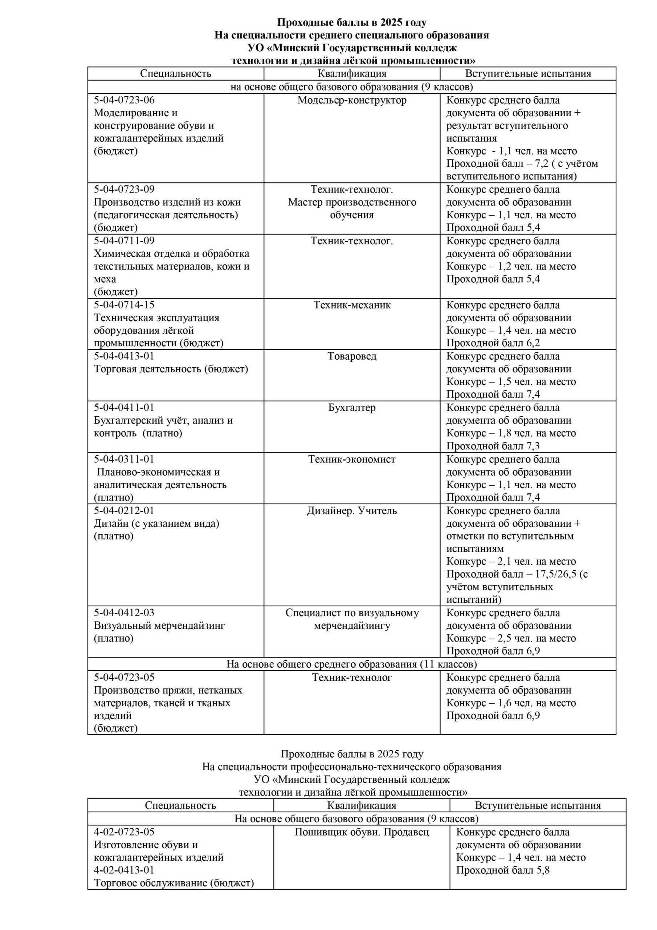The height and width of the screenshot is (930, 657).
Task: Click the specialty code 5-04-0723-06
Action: tap(124, 100)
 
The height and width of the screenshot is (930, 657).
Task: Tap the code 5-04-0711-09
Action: tap(124, 240)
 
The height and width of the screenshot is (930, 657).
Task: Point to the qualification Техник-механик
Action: tap(352, 305)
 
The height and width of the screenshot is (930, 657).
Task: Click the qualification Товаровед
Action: tap(352, 356)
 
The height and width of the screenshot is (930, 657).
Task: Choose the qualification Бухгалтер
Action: tap(352, 408)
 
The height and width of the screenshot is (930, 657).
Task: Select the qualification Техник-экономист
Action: tap(352, 459)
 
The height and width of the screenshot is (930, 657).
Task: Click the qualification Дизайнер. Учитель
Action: tap(352, 511)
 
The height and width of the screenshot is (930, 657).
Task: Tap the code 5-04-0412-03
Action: tap(124, 613)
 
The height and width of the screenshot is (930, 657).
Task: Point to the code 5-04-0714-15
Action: tap(124, 305)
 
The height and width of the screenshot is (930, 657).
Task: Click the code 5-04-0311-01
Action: tap(124, 459)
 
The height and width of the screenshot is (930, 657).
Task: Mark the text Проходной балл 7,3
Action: tap(493, 446)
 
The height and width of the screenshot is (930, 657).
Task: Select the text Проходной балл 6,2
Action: tap(493, 343)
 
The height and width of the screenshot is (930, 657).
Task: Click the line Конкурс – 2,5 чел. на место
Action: tap(511, 638)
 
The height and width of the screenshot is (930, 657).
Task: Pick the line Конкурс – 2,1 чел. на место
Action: tap(511, 562)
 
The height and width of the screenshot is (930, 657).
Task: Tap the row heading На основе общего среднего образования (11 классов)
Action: tap(351, 664)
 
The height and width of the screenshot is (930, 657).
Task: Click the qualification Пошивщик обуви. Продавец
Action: tap(362, 832)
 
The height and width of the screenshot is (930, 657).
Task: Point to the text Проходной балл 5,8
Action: tap(502, 870)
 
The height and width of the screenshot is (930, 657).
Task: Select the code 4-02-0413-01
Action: tap(124, 870)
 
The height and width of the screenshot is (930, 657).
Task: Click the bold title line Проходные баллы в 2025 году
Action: tap(351, 22)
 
